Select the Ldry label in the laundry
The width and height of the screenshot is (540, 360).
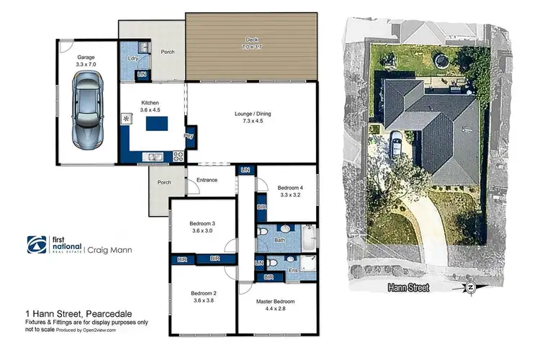(x=132, y=58)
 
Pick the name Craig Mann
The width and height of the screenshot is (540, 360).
(x=112, y=250)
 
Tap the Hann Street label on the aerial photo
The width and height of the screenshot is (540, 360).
(x=408, y=288)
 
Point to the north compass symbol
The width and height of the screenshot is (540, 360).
(x=470, y=288)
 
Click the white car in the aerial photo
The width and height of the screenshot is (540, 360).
(x=396, y=145)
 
